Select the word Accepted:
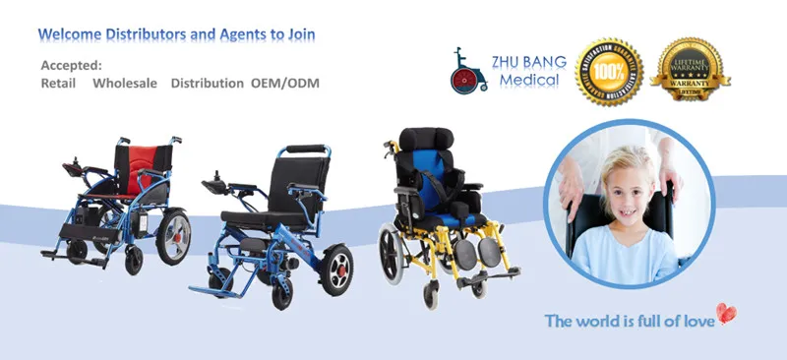(x=71, y=65)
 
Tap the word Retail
(x=59, y=84)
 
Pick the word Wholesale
(x=125, y=84)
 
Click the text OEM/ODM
(x=284, y=84)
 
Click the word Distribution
(x=207, y=84)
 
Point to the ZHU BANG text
(x=530, y=61)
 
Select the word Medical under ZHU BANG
(x=528, y=80)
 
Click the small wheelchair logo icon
(x=470, y=71)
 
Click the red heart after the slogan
(x=727, y=314)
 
